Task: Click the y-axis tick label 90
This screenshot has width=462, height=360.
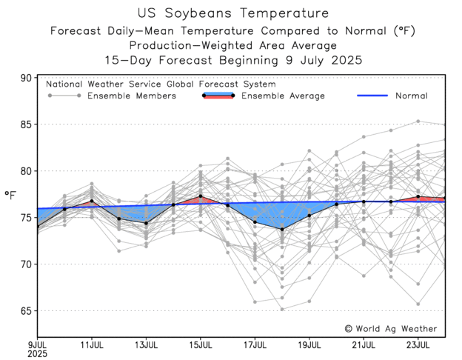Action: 26,78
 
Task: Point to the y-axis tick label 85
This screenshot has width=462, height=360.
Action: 26,124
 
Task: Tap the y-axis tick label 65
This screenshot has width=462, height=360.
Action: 26,310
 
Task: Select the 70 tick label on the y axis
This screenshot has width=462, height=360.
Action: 26,264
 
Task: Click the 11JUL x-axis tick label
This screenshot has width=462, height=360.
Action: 91,344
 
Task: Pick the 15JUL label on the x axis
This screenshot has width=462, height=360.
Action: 200,344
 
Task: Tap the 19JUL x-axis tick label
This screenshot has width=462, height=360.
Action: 309,344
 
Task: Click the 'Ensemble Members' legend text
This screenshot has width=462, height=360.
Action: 132,96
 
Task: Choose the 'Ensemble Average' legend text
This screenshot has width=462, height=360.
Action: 284,96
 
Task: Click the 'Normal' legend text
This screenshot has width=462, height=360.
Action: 411,96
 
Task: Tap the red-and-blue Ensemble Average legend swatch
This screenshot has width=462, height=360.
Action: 218,96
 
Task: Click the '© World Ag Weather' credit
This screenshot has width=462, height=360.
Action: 390,328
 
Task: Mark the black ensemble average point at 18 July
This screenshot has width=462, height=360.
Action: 282,230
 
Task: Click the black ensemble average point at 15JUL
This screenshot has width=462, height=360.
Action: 200,196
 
